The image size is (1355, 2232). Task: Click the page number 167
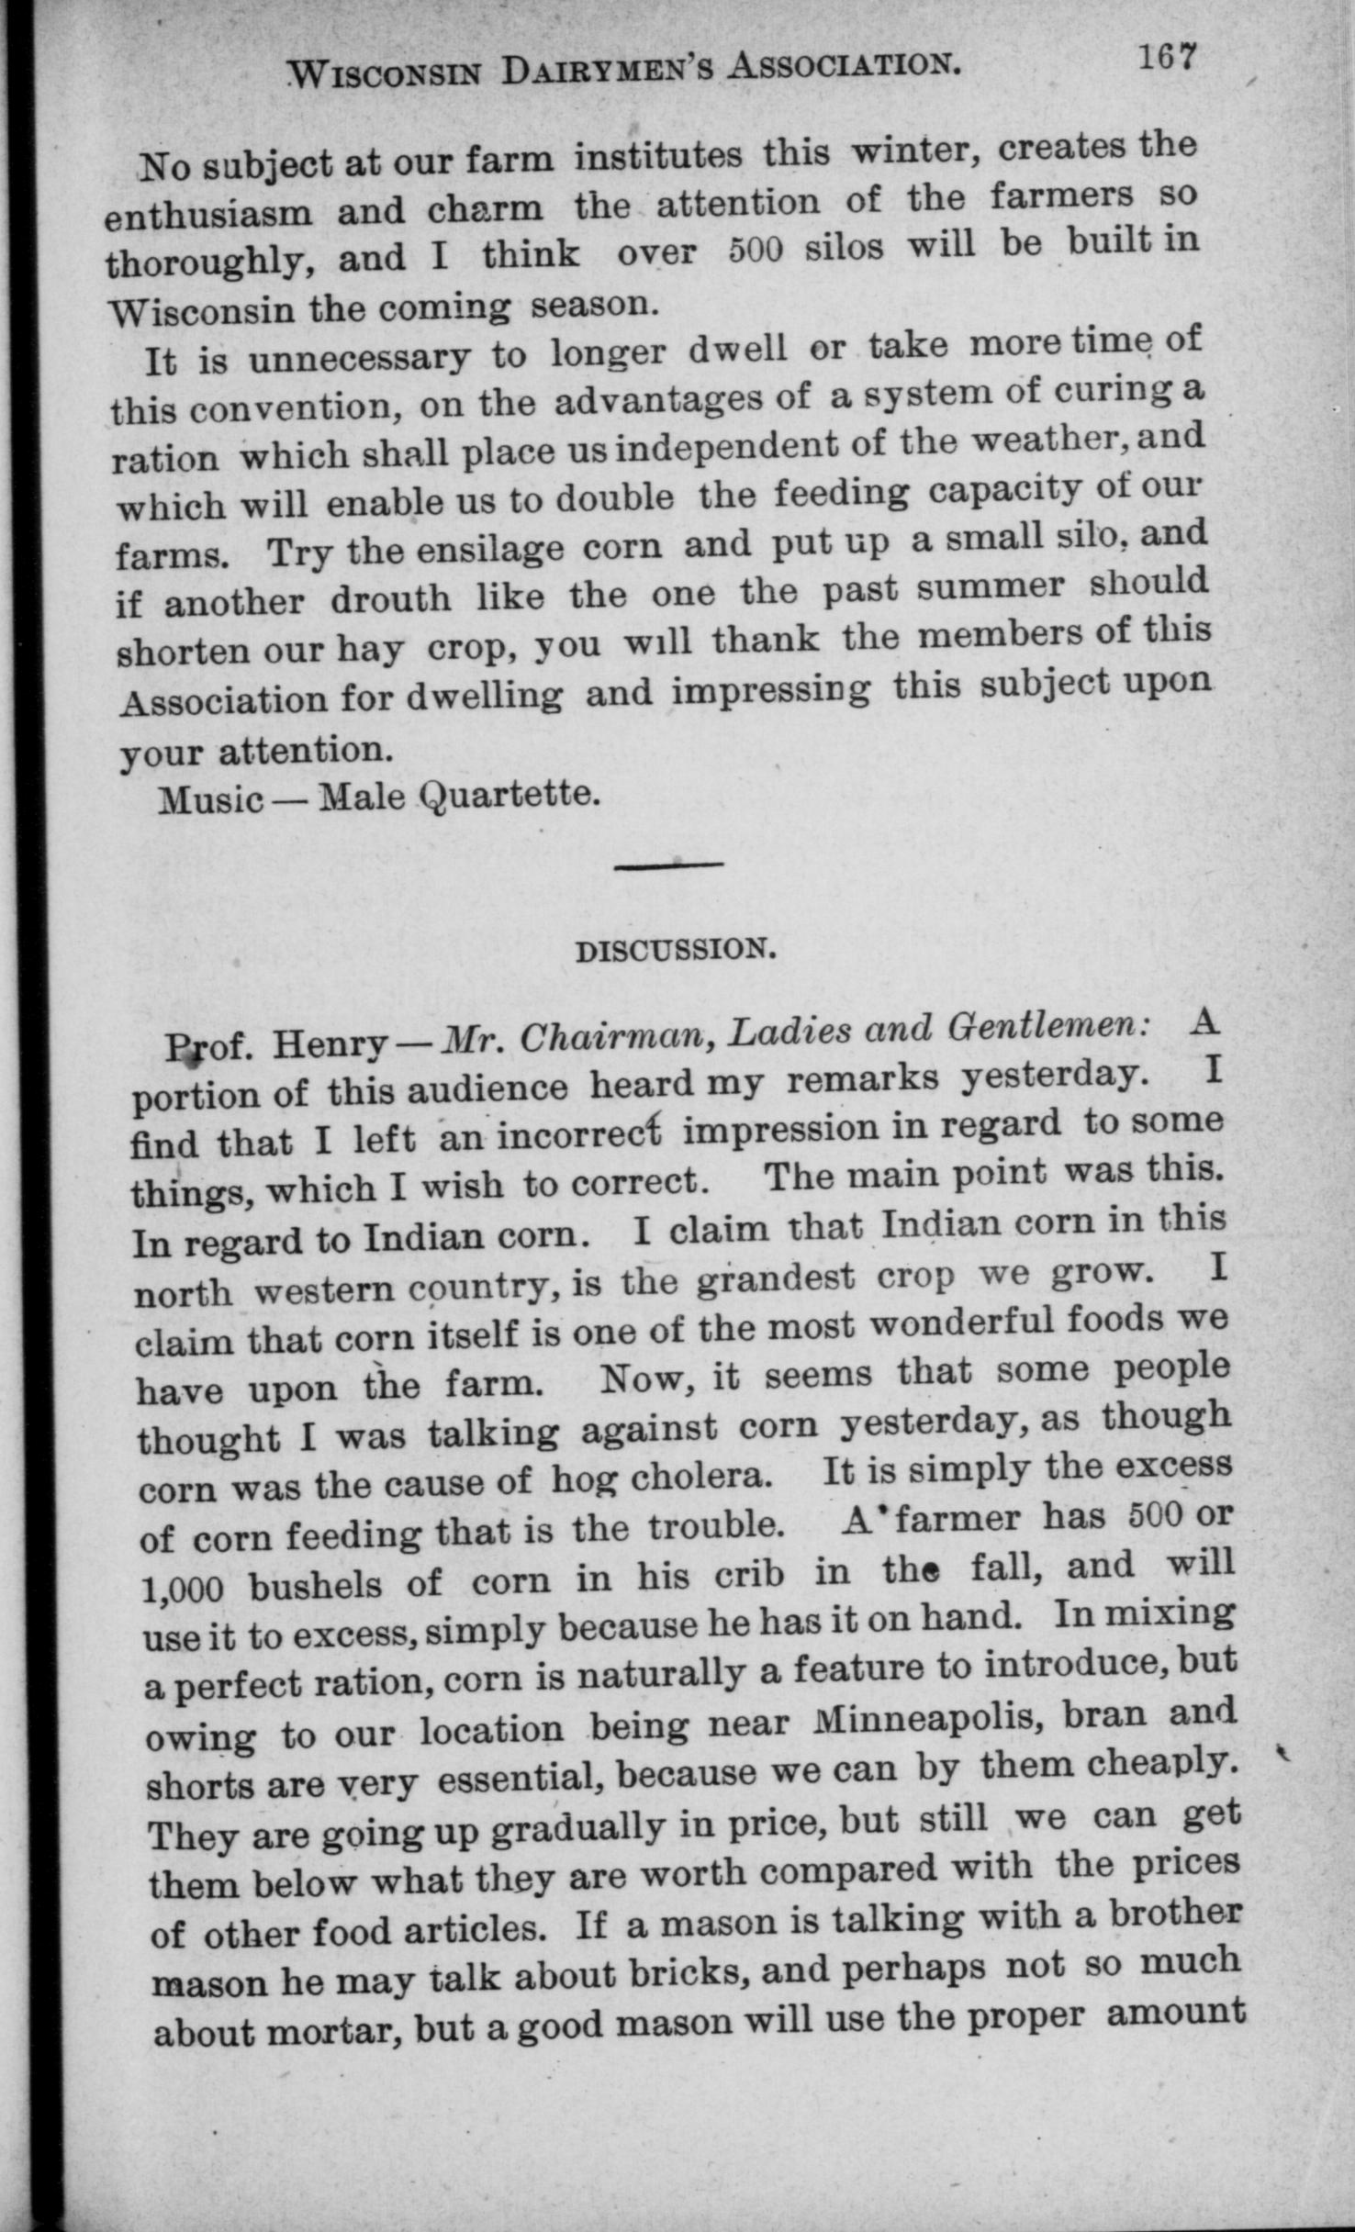click(x=1168, y=58)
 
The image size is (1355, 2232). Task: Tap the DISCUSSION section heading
click(x=676, y=949)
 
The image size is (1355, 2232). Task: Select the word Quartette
click(x=510, y=793)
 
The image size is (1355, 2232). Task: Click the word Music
click(x=211, y=799)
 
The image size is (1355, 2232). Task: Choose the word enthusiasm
click(x=207, y=215)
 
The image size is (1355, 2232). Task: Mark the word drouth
click(x=390, y=599)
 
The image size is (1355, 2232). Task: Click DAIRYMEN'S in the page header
click(x=606, y=69)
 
